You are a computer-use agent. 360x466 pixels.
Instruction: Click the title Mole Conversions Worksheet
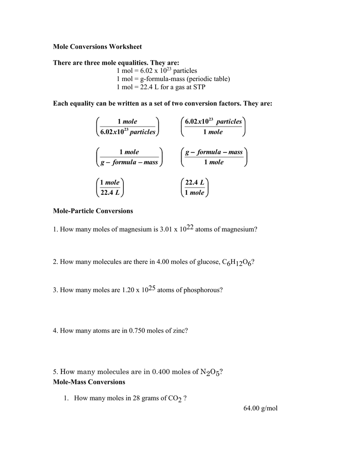point(97,46)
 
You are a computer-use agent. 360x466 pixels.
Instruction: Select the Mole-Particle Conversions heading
point(93,211)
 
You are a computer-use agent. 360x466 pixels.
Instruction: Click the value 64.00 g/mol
point(260,408)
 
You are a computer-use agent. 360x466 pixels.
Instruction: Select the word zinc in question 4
point(177,331)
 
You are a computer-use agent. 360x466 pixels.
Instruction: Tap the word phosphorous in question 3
point(203,290)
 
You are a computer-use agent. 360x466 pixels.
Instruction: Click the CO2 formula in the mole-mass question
point(174,399)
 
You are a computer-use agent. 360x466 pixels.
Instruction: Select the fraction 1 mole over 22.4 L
point(110,187)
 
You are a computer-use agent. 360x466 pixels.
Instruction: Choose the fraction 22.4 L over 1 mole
point(195,187)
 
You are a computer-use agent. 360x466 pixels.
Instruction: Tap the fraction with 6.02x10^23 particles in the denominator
point(127,127)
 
